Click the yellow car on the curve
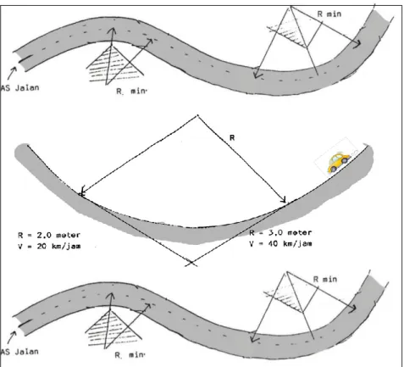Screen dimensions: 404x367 tap(338, 163)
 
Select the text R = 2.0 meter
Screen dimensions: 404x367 tap(49, 235)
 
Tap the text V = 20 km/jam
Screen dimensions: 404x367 tap(49, 246)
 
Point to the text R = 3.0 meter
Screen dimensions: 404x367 tap(280, 233)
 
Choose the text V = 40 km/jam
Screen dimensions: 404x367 tap(280, 243)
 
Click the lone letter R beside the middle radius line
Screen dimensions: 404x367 tap(232, 137)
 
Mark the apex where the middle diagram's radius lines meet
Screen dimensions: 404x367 tap(197, 115)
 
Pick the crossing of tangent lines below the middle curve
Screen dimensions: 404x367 tap(191, 263)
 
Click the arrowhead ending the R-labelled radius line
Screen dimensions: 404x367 tap(284, 200)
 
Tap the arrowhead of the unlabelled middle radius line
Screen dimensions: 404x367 tap(82, 191)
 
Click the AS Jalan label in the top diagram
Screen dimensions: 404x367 tap(19, 88)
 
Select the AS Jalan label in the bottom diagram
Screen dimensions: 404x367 tap(19, 352)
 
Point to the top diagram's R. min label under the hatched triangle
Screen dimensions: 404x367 tap(131, 91)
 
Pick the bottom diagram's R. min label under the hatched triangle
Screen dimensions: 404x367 tap(130, 355)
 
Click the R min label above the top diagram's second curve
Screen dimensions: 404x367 tap(329, 14)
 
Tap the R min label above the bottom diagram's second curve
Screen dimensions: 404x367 tap(325, 279)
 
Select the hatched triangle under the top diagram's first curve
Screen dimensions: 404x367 tap(113, 64)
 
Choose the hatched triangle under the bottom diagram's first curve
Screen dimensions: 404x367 tap(113, 329)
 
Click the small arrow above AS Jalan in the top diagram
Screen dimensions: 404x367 tap(12, 74)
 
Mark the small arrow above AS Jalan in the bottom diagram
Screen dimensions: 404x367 tap(12, 337)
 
